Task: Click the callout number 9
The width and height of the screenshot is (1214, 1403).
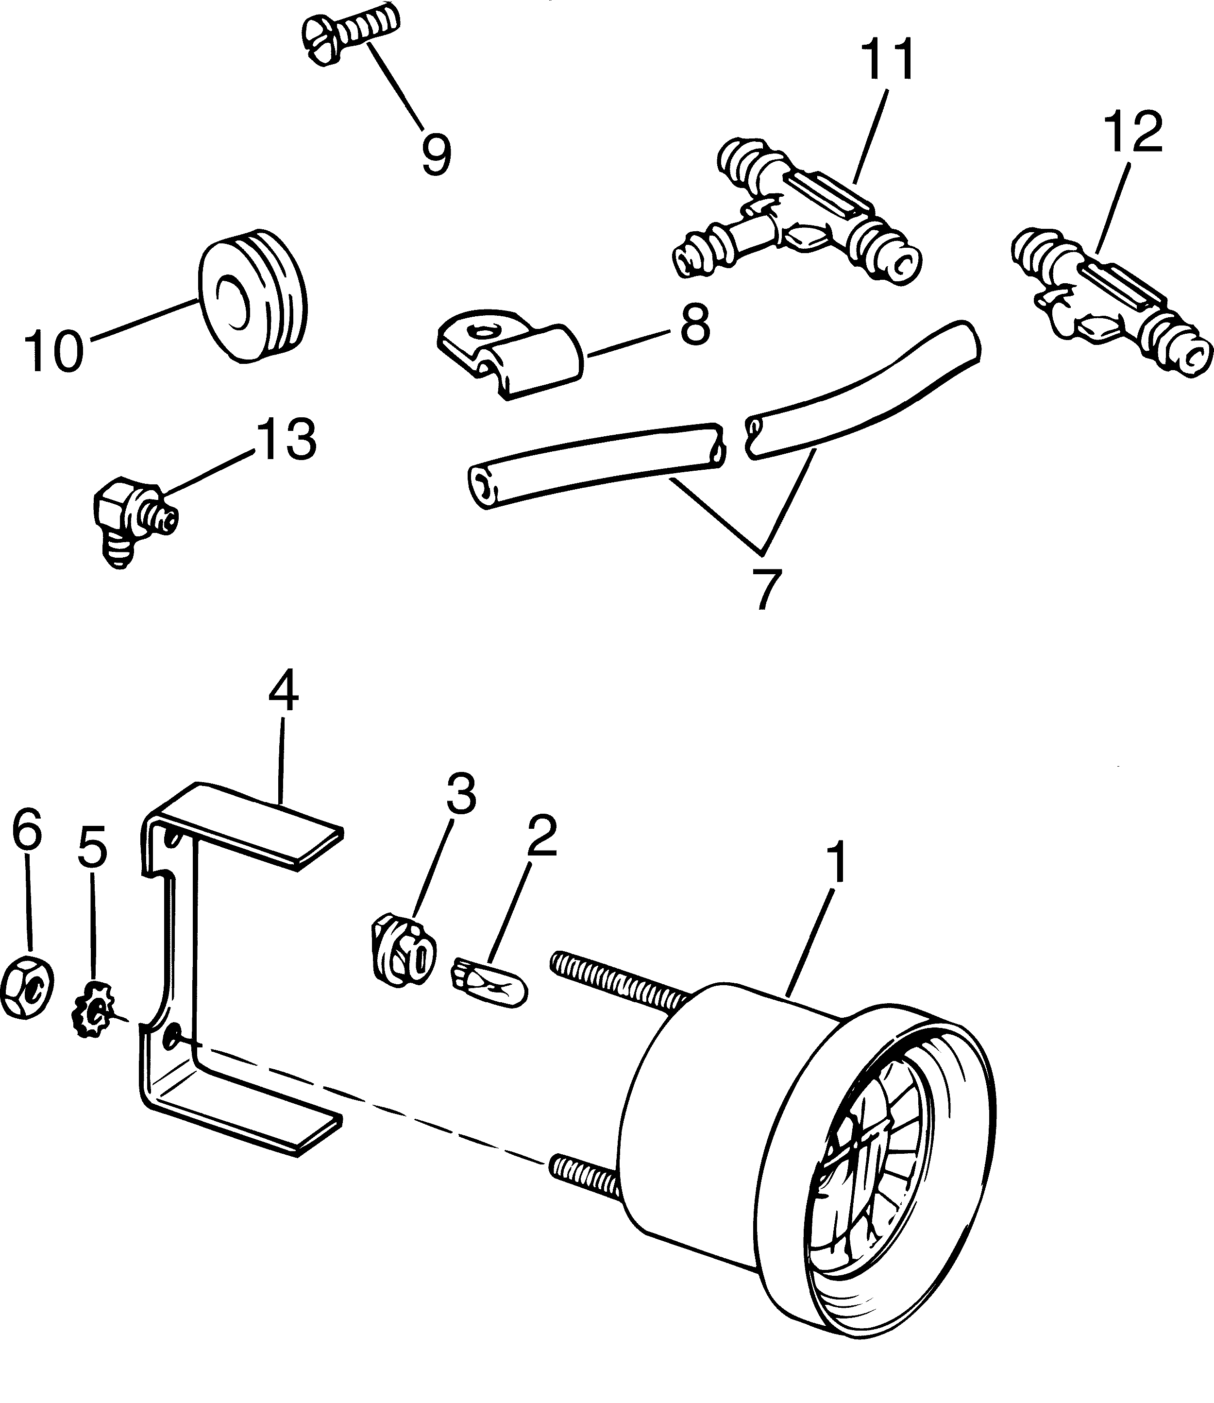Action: (436, 154)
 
